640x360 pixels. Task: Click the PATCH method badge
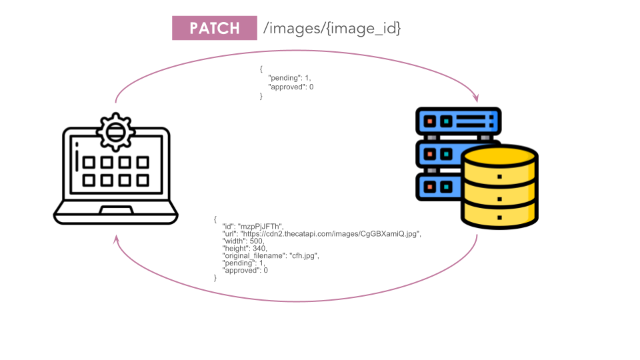coord(214,28)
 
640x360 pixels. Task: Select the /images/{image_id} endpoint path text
coord(332,28)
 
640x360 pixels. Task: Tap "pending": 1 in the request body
coord(289,78)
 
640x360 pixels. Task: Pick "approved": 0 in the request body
coord(291,87)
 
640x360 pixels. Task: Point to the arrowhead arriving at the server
coord(476,98)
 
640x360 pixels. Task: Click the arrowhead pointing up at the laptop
coord(116,238)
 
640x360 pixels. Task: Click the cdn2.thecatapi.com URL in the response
coord(331,233)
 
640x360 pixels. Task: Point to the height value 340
coord(257,248)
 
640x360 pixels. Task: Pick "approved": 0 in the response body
coord(245,270)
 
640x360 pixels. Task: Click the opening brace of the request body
coord(261,69)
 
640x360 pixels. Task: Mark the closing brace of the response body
coord(215,277)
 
